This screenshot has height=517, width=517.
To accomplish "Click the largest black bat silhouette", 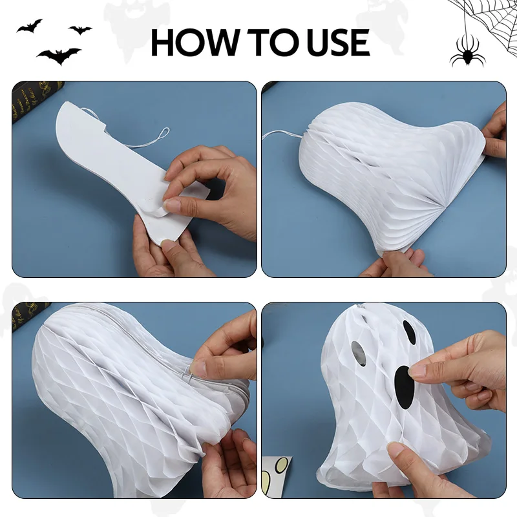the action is pos(59,56).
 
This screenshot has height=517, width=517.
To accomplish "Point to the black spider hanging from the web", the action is pos(468,52).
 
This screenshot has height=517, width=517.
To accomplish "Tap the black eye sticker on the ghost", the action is pos(409,332).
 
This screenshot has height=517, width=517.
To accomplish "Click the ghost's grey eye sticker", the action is pos(359,353).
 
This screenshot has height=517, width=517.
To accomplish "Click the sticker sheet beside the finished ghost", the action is pos(277,476).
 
